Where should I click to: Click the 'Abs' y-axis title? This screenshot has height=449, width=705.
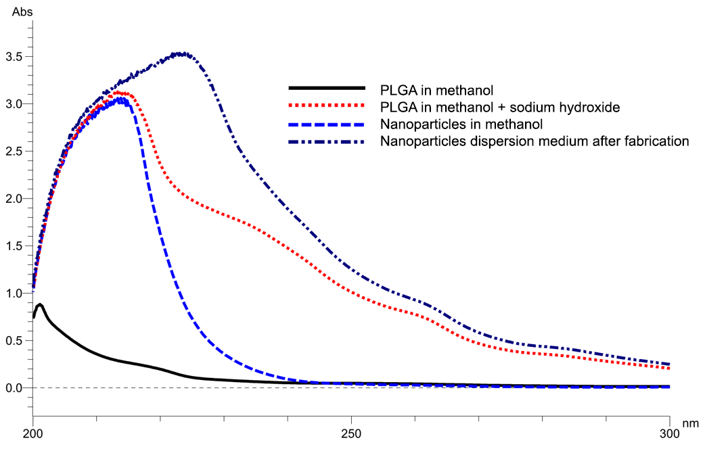coord(12,12)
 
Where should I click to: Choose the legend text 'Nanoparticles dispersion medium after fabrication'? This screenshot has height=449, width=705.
coord(535,141)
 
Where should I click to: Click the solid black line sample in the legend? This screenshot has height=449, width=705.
coord(326,88)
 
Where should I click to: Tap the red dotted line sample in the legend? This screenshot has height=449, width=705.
coord(326,106)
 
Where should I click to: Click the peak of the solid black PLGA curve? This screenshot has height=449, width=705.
coord(40,305)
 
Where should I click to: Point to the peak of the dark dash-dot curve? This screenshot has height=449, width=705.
coord(181,53)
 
